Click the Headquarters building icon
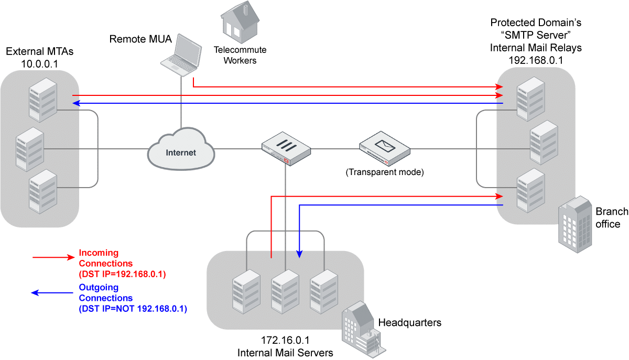coord(362,327)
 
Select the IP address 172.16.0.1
coord(285,341)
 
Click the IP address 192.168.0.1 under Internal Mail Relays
coord(536,59)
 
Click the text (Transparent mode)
coord(384,171)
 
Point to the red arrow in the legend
coord(53,257)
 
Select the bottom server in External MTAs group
coord(42,191)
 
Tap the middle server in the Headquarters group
coord(285,291)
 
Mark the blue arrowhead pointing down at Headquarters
coord(299,254)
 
